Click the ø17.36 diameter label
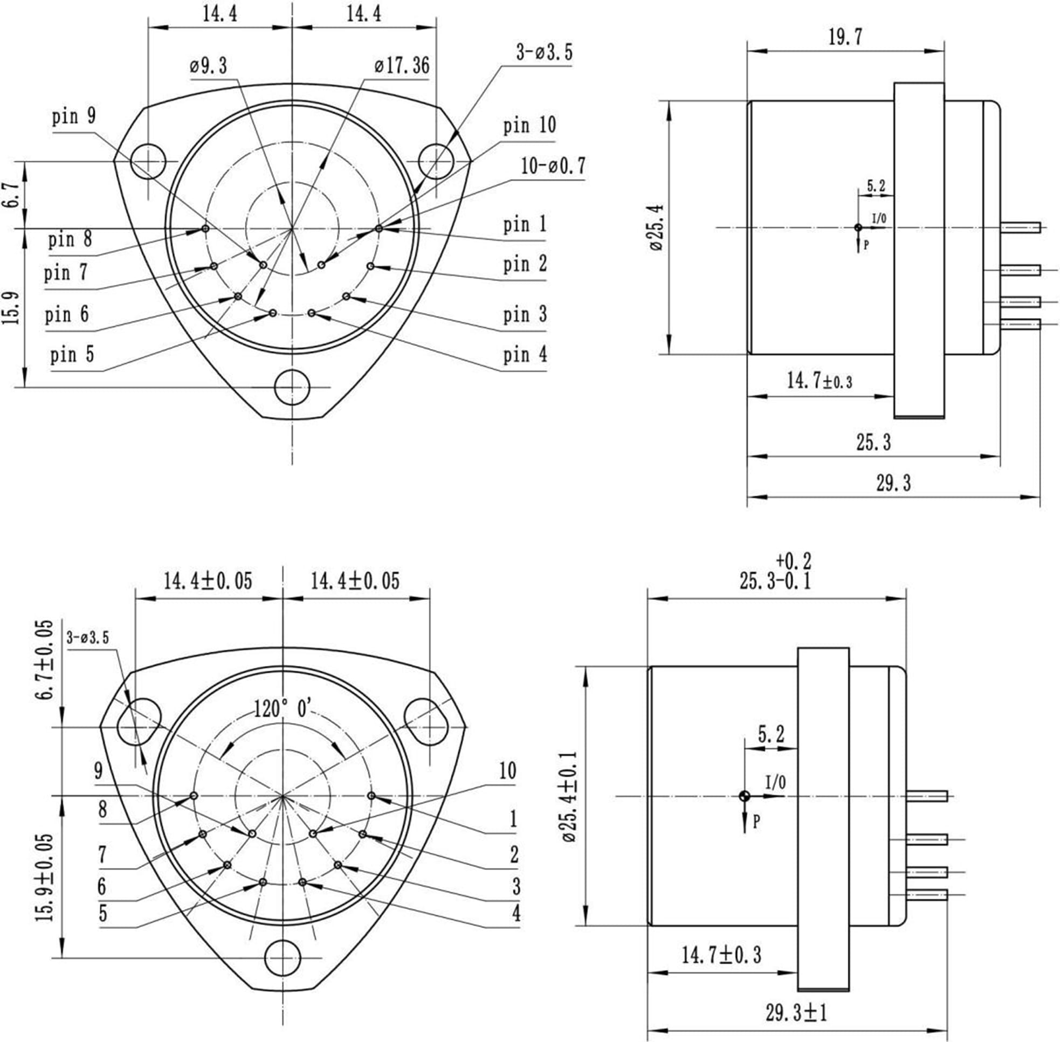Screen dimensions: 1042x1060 coord(402,66)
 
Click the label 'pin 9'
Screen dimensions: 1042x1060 coord(74,116)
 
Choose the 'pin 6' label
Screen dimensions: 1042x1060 coord(66,315)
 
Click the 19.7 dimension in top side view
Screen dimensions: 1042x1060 coord(845,37)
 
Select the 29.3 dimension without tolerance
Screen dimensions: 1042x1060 coord(893,483)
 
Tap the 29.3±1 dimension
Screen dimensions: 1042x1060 coord(796,1013)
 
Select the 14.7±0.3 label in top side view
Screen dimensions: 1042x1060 coord(819,381)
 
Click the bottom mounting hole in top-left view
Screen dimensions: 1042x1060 coord(292,388)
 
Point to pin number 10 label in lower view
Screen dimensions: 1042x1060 coord(507,771)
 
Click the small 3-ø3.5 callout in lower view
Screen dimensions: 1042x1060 coord(87,638)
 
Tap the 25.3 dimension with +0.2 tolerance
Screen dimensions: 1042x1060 coord(775,581)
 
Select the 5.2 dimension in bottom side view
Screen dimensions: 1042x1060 coord(771,733)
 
